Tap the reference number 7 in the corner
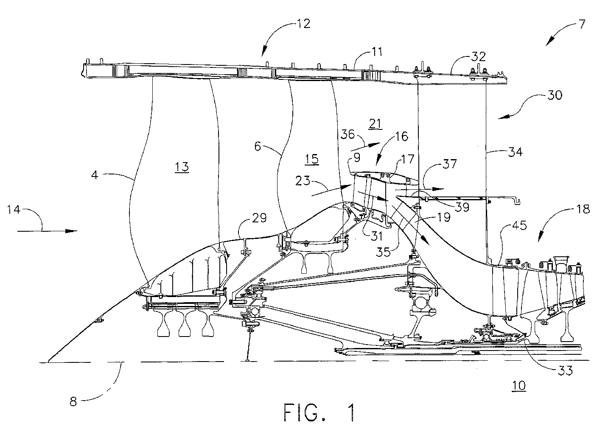tap(582, 24)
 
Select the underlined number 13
tap(182, 167)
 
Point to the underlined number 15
tap(312, 159)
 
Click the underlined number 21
tap(375, 124)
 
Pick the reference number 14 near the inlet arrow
tap(14, 210)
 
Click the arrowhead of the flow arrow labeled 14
tap(72, 231)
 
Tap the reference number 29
tap(259, 218)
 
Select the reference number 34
tap(515, 152)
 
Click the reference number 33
tap(565, 370)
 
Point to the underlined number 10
tap(519, 386)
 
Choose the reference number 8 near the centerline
tap(73, 401)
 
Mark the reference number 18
tap(583, 209)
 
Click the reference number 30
tap(555, 95)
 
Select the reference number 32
tap(479, 56)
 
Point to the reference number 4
tap(94, 175)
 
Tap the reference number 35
tap(383, 252)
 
